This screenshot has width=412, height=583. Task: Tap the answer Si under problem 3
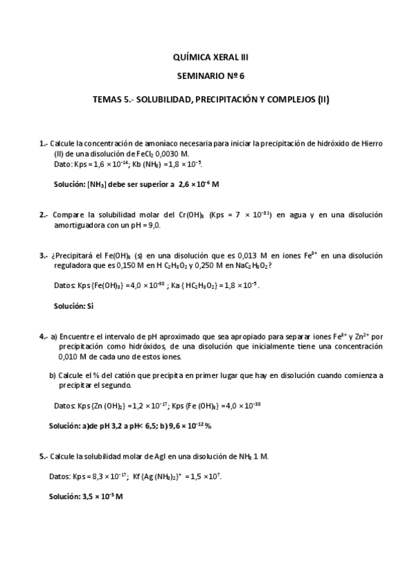coord(89,306)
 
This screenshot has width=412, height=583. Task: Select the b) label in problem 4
coord(52,376)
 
